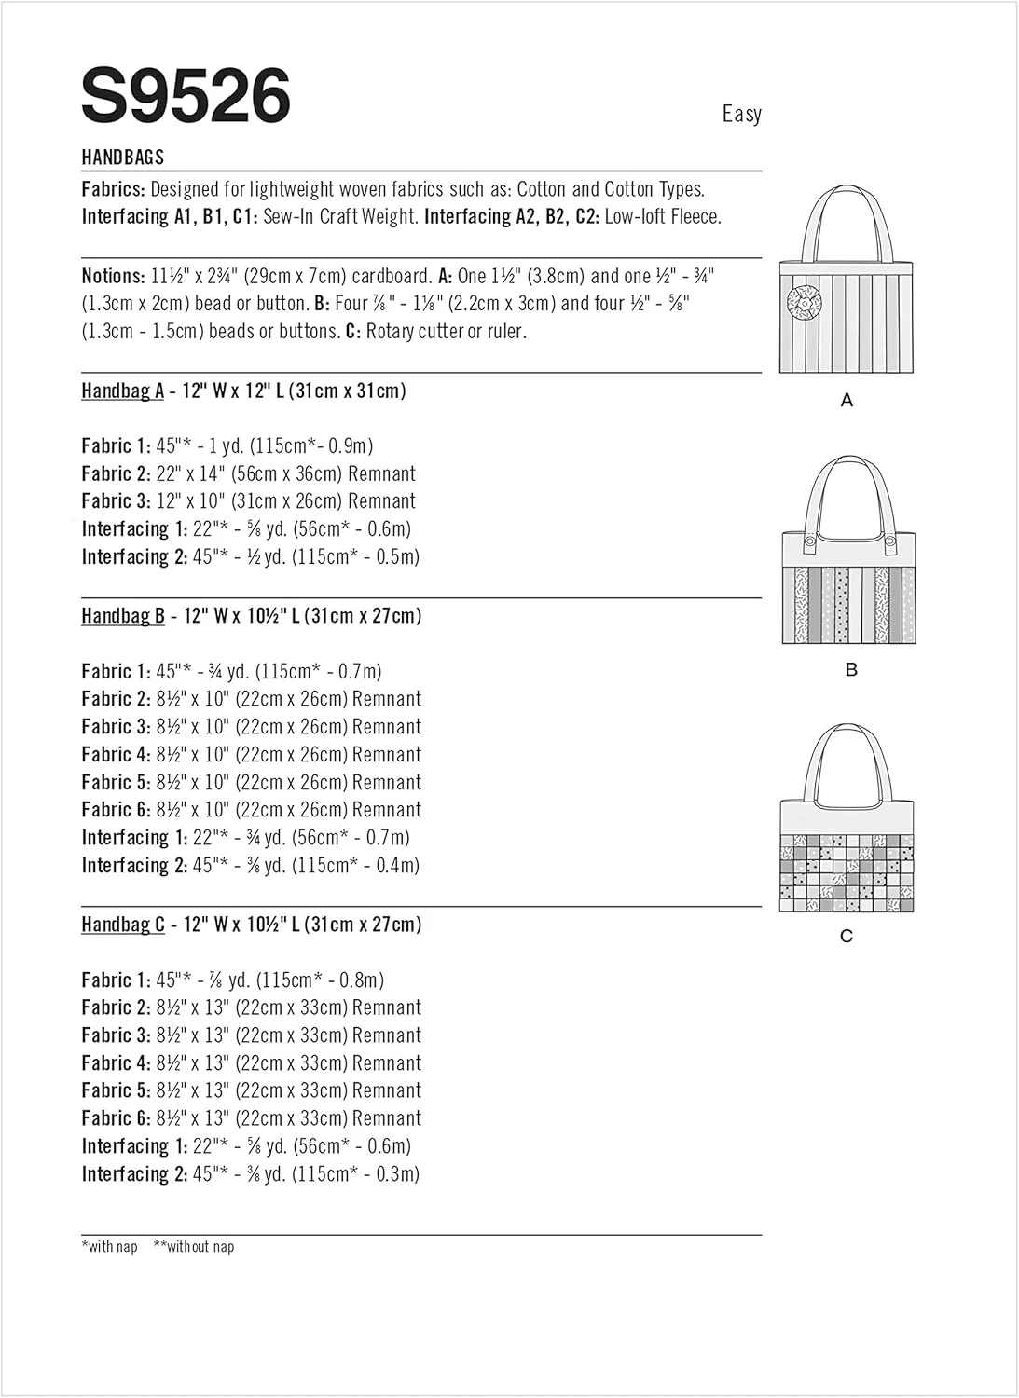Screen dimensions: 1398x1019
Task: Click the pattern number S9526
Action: pyautogui.click(x=186, y=95)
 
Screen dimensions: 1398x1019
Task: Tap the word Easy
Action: pyautogui.click(x=741, y=114)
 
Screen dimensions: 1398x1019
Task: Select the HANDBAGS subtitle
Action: pyautogui.click(x=122, y=158)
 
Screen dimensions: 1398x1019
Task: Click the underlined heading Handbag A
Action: pyautogui.click(x=122, y=391)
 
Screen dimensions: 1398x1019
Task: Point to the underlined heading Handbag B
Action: pyautogui.click(x=122, y=616)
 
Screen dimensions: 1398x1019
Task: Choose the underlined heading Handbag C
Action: pyautogui.click(x=122, y=925)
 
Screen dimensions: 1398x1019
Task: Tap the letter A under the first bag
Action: pyautogui.click(x=847, y=401)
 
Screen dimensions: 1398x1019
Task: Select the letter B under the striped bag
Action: pyautogui.click(x=850, y=670)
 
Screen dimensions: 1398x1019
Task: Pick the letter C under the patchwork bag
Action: pyautogui.click(x=847, y=936)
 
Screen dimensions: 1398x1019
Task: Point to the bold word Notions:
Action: pyautogui.click(x=113, y=276)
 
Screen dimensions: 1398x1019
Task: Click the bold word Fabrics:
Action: pyautogui.click(x=113, y=189)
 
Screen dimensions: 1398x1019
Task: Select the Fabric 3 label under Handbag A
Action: pyautogui.click(x=116, y=501)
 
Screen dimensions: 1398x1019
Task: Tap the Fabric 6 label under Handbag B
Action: pyautogui.click(x=116, y=810)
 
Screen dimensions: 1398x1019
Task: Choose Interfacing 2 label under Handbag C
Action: pyautogui.click(x=134, y=1174)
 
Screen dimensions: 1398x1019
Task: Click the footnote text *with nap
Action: pyautogui.click(x=110, y=1247)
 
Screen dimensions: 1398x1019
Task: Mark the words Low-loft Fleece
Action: pyautogui.click(x=663, y=217)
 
